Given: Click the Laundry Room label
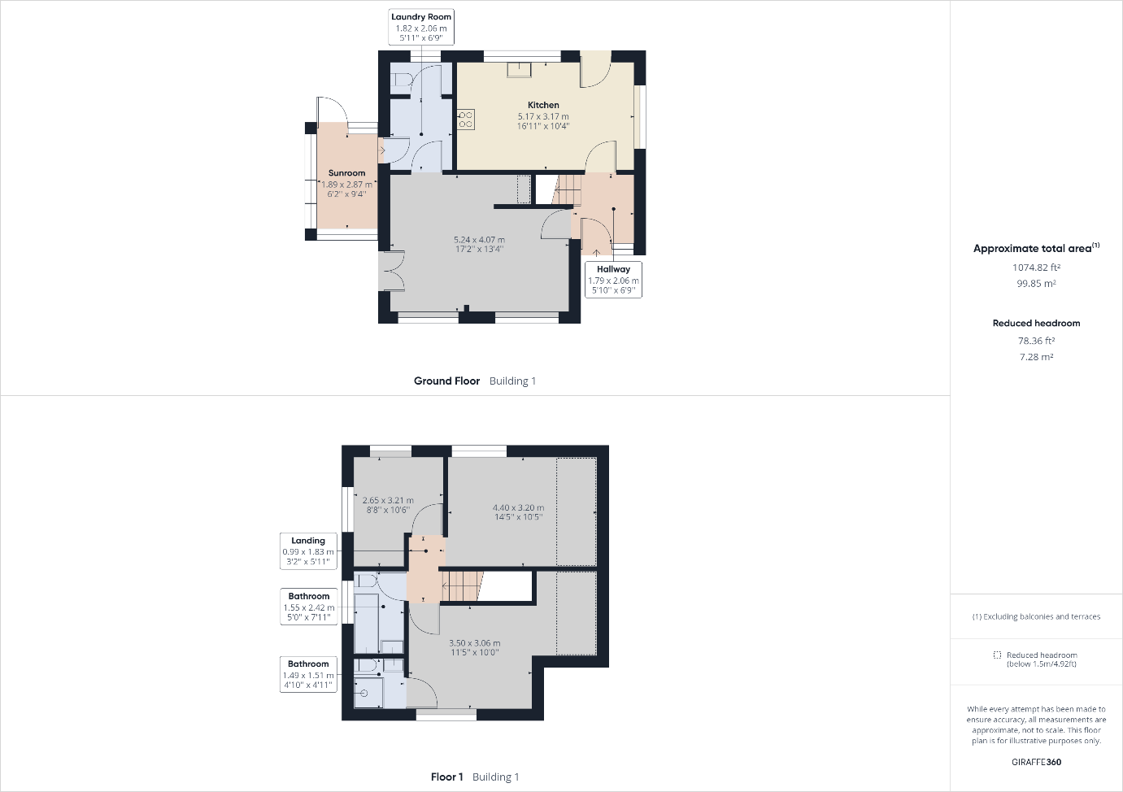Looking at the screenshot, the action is tap(421, 17).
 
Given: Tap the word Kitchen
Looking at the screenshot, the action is tap(543, 105).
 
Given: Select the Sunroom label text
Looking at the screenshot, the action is tap(346, 173).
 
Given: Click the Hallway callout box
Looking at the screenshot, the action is tap(613, 280).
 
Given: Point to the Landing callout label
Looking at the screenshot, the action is tap(308, 550).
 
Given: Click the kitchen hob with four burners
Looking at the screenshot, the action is tap(466, 120).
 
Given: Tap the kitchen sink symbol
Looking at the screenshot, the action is tap(519, 70).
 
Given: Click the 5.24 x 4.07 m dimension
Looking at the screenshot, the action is tap(479, 240).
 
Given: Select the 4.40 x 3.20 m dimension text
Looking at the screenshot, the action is tap(518, 507).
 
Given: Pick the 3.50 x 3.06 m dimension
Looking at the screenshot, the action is tap(474, 642).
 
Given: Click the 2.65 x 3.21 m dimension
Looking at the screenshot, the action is tap(388, 500).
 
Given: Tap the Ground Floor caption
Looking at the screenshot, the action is tap(446, 381).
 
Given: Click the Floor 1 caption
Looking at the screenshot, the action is tap(446, 777).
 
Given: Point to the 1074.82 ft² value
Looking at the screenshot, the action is tap(1036, 268).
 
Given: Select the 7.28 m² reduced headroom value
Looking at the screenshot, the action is tap(1036, 357).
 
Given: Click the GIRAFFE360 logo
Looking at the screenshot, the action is tap(1036, 762).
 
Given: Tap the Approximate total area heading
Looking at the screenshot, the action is tap(1036, 248).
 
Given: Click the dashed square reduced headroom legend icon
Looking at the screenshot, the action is tap(997, 655).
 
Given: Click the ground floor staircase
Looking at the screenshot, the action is tap(567, 189).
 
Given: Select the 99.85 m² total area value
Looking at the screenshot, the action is tap(1036, 283).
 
